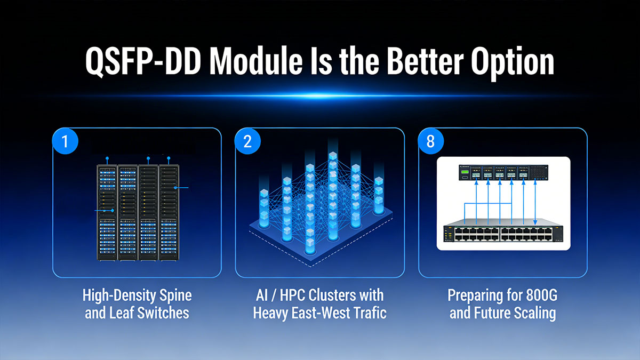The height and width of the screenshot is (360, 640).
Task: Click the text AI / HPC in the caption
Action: (x=279, y=295)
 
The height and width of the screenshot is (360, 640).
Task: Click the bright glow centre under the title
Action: (x=320, y=95)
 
